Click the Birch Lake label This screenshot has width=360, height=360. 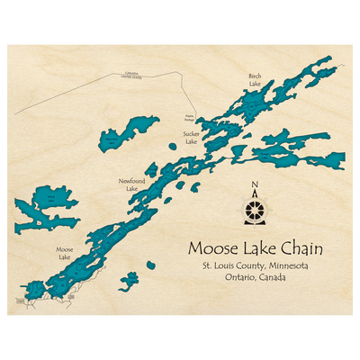tap(255, 80)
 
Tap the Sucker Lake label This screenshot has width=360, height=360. tap(190, 138)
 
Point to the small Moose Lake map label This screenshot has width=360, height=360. tap(64, 254)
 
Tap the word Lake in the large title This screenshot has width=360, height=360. tap(256, 247)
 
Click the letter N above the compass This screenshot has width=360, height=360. tap(255, 186)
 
